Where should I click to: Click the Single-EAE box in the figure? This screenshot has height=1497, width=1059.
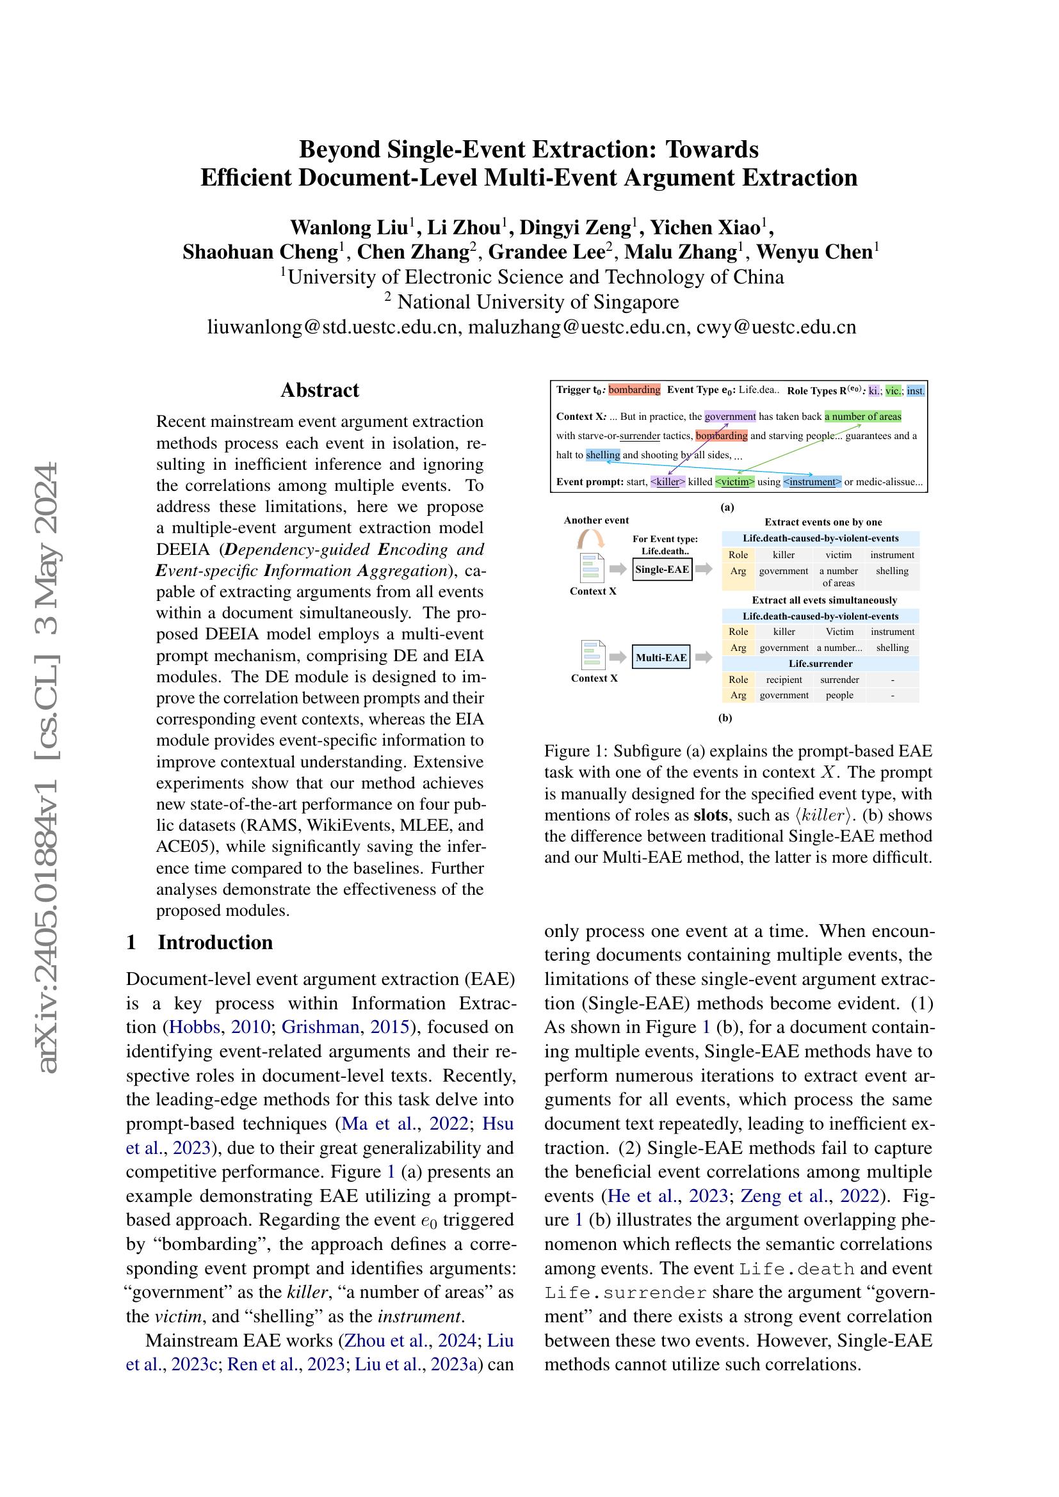click(662, 570)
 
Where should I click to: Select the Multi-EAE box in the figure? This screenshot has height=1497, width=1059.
click(661, 658)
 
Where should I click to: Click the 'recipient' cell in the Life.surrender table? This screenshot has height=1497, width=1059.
click(784, 680)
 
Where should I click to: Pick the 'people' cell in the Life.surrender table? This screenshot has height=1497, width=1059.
click(839, 696)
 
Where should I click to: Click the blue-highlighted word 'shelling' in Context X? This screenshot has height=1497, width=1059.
click(602, 455)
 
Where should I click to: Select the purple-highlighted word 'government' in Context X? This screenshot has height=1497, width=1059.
click(730, 417)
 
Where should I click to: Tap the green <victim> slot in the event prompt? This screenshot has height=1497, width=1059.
click(734, 483)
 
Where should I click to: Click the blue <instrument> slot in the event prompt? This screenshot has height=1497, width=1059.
click(812, 483)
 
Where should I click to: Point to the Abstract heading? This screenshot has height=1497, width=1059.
click(319, 390)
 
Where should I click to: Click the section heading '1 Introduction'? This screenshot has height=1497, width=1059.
click(200, 943)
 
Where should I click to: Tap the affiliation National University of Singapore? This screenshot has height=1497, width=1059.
click(538, 302)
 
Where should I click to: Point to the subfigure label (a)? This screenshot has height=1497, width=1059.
click(727, 507)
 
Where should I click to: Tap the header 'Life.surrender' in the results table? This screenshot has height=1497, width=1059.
click(820, 664)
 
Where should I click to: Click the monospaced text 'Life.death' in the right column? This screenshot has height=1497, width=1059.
click(797, 1269)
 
